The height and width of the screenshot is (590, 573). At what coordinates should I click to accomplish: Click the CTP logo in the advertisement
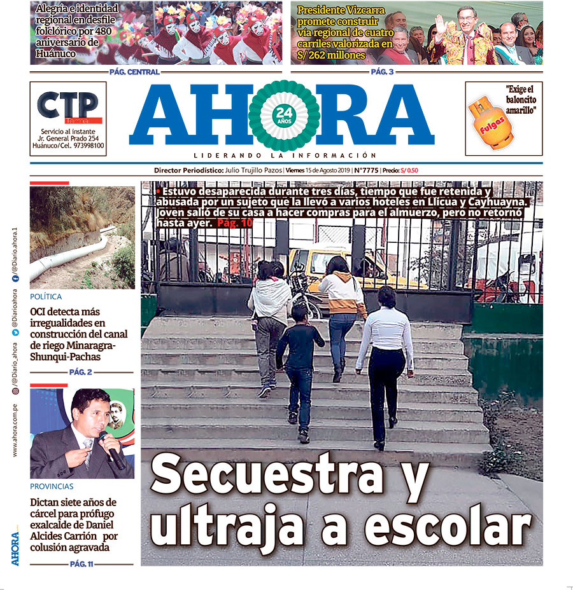[x=67, y=106]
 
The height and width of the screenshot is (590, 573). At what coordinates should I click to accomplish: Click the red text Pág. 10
[x=235, y=223]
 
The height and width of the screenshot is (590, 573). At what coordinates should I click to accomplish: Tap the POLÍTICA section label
[x=46, y=297]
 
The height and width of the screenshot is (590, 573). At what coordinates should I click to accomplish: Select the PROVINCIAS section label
[x=52, y=486]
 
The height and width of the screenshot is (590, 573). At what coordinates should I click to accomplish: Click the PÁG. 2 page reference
[x=81, y=372]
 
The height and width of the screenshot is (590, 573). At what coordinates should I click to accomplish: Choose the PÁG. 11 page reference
[x=81, y=564]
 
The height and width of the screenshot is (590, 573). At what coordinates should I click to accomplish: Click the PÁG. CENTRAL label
[x=134, y=72]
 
